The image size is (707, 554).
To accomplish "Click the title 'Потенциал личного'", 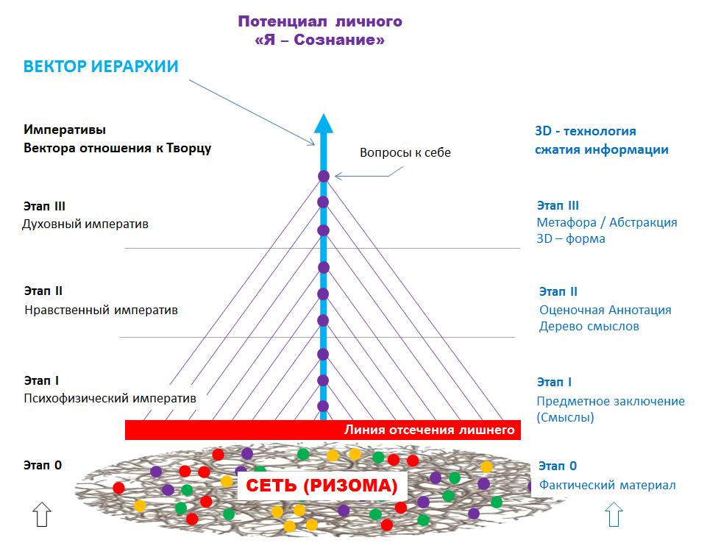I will pos(320,21).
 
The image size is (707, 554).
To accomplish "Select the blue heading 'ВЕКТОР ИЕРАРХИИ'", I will pos(101,66).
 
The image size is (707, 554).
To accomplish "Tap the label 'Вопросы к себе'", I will pos(405,153).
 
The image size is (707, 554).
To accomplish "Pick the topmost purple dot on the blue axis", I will pos(323,176).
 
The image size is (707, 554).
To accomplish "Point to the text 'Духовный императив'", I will pos(86,224).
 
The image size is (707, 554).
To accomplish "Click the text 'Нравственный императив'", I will pos(101,310).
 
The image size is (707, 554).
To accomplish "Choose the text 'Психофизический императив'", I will pos(110,399).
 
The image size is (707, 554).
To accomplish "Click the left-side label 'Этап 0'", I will pos(43,464).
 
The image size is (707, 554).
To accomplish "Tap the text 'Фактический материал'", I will pos(607,485).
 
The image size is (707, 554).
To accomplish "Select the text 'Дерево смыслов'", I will pos(589,326).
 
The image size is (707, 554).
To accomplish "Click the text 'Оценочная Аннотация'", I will pos(605,310).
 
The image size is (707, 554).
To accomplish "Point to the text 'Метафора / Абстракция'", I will pos(607,222).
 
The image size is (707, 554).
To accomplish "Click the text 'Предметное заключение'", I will pos(610,401).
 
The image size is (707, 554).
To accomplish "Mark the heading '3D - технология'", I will pos(586,132).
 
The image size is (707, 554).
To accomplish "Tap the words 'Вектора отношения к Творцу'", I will pos(118,148).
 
